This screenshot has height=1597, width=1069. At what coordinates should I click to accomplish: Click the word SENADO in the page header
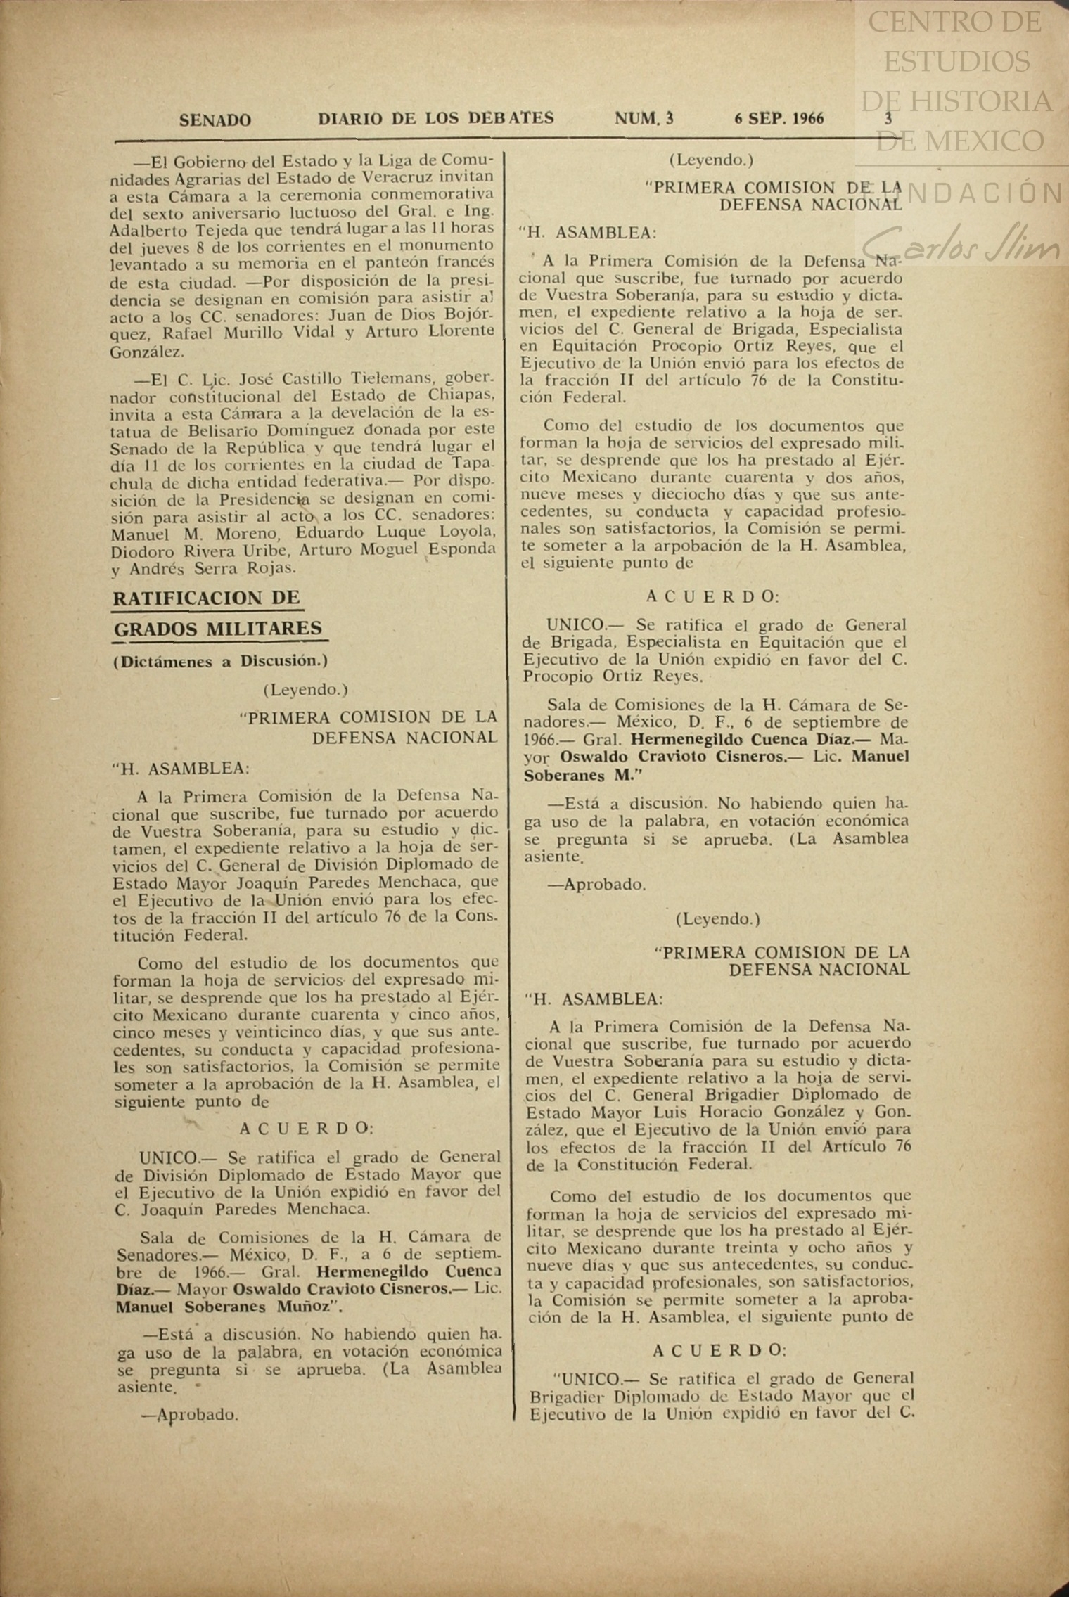point(215,120)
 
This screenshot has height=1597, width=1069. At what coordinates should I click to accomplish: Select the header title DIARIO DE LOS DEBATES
point(435,118)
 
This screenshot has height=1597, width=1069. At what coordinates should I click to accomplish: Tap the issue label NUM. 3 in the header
point(644,119)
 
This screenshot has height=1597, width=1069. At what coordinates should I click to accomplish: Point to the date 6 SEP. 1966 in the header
point(779,118)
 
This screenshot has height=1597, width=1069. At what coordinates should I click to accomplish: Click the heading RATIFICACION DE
point(207,598)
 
